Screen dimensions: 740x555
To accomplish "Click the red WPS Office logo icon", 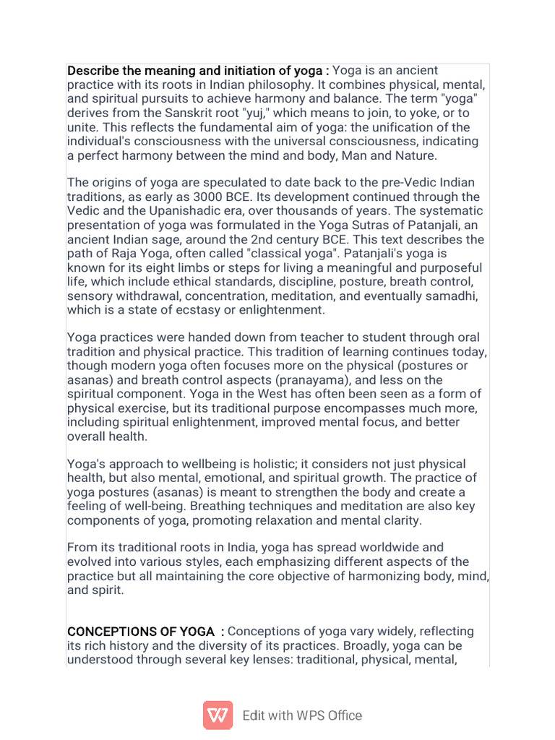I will (x=218, y=715).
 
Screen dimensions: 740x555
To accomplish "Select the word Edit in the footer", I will (x=253, y=715).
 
